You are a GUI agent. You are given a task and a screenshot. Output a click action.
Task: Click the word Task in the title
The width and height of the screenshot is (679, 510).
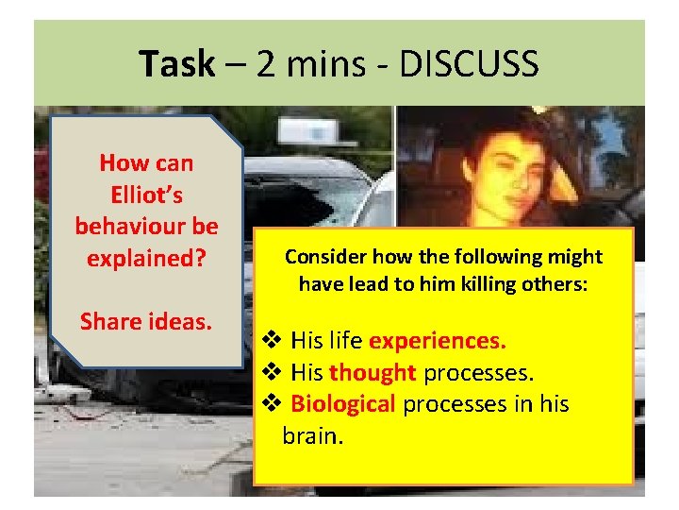(x=176, y=65)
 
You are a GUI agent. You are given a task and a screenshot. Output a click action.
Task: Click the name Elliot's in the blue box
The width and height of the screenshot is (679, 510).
(x=146, y=195)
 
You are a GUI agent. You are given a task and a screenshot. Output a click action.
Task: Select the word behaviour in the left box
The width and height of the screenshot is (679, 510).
(x=146, y=227)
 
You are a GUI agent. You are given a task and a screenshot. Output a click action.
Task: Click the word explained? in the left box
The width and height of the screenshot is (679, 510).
(x=146, y=258)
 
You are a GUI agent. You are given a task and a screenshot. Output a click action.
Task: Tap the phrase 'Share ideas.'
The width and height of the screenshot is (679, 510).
(x=146, y=321)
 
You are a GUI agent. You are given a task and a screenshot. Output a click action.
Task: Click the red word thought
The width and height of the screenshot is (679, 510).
(x=373, y=372)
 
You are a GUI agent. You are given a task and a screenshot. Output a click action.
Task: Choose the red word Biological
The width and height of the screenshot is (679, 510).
(x=343, y=404)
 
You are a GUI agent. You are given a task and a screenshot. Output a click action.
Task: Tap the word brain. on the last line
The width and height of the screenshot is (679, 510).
(x=312, y=436)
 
